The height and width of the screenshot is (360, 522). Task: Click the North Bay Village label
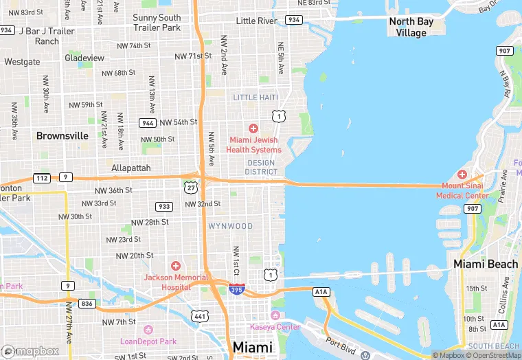(x=411, y=27)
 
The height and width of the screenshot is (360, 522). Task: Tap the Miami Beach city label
(x=486, y=264)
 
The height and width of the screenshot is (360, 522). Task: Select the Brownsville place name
(x=63, y=135)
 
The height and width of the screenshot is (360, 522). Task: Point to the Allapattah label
(x=131, y=168)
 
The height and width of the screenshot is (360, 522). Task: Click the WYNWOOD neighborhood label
(x=231, y=226)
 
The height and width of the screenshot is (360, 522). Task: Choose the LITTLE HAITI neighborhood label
(x=256, y=98)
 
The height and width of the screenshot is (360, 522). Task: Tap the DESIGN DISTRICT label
(x=261, y=167)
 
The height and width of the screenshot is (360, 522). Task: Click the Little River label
(x=256, y=21)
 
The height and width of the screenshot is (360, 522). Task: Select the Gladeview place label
(x=84, y=58)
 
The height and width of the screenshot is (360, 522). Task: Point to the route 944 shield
(x=147, y=122)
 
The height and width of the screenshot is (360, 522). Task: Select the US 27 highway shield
(x=190, y=186)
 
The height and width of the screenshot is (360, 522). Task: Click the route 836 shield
(x=87, y=303)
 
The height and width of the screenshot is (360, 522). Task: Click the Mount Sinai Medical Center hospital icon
(x=462, y=175)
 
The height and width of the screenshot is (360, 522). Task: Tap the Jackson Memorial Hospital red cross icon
(x=176, y=266)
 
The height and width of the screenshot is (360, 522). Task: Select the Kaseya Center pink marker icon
(x=275, y=315)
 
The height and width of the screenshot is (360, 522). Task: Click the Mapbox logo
(x=30, y=350)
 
